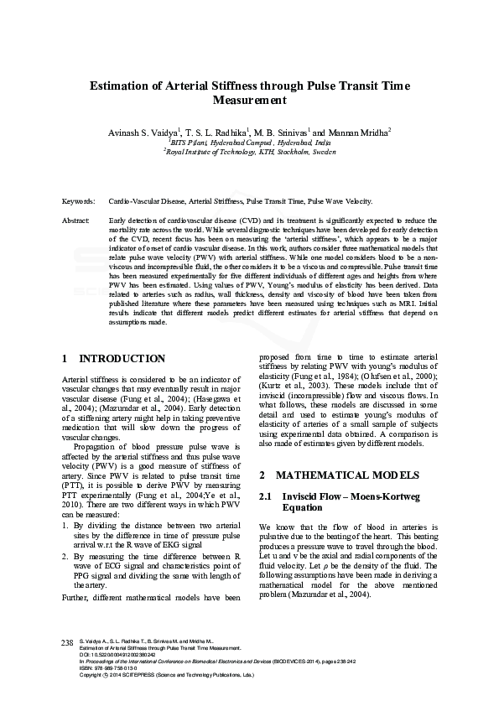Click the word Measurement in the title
(x=249, y=101)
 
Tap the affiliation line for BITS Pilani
(x=249, y=143)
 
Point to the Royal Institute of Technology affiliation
(x=249, y=153)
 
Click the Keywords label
(x=79, y=202)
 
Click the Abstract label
(x=76, y=219)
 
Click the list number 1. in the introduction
(x=66, y=524)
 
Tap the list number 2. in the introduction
(x=66, y=555)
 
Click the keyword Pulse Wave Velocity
(x=340, y=202)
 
